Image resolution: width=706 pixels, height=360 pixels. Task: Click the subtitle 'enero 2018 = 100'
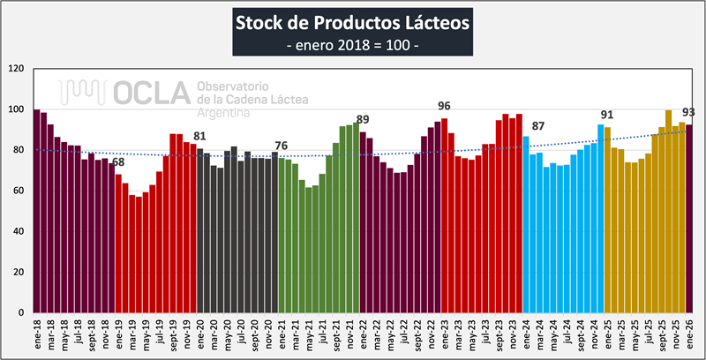point(352,44)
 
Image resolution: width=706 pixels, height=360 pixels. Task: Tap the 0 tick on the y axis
point(21,312)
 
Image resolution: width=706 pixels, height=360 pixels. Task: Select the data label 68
point(118,161)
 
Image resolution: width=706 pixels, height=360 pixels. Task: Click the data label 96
point(444,106)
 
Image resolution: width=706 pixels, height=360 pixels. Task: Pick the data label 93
point(688,112)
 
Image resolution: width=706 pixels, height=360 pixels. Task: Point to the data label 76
point(282,146)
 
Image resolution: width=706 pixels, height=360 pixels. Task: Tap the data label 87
point(537,126)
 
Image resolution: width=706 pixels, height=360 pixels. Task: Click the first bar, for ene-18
point(36,212)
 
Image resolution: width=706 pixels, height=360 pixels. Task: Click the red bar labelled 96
point(444,216)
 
